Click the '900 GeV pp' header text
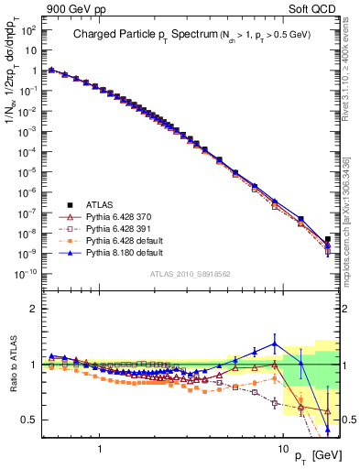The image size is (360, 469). (70, 10)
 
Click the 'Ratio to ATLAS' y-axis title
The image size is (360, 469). (13, 364)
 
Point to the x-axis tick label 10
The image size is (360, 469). (283, 439)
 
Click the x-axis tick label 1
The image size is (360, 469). (99, 439)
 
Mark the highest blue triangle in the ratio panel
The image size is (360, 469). (274, 344)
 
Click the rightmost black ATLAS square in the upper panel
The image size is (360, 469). (328, 240)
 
